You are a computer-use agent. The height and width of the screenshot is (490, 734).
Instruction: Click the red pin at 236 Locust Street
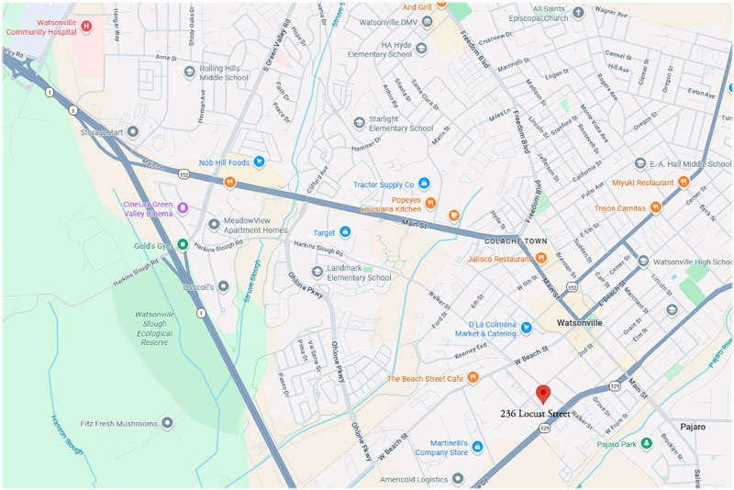click(x=542, y=394)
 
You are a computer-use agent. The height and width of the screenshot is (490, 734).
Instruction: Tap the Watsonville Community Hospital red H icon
click(x=86, y=27)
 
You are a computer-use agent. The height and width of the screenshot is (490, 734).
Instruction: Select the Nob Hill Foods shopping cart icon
click(x=260, y=161)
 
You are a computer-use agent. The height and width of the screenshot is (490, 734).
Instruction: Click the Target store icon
click(x=345, y=232)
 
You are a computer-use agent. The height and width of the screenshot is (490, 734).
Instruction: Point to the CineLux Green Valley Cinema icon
click(x=183, y=208)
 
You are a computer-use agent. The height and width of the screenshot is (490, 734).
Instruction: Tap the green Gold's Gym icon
click(x=183, y=244)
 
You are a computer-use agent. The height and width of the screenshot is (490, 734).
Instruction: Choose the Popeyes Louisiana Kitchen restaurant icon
click(x=428, y=203)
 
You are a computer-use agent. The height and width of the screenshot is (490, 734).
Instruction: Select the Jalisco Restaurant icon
click(x=541, y=259)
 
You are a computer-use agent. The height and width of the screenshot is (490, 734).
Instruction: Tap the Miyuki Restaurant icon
click(x=684, y=182)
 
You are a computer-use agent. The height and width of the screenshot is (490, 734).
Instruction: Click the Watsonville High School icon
click(x=643, y=262)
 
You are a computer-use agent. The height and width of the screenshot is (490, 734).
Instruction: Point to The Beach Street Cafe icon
click(x=473, y=377)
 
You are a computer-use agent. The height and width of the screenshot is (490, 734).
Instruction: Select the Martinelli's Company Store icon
click(x=477, y=446)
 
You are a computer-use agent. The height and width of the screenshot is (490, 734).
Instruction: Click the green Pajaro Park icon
click(x=646, y=443)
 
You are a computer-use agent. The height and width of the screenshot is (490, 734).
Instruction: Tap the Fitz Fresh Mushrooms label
click(x=117, y=423)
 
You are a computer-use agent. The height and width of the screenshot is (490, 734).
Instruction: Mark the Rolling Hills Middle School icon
click(x=189, y=72)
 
